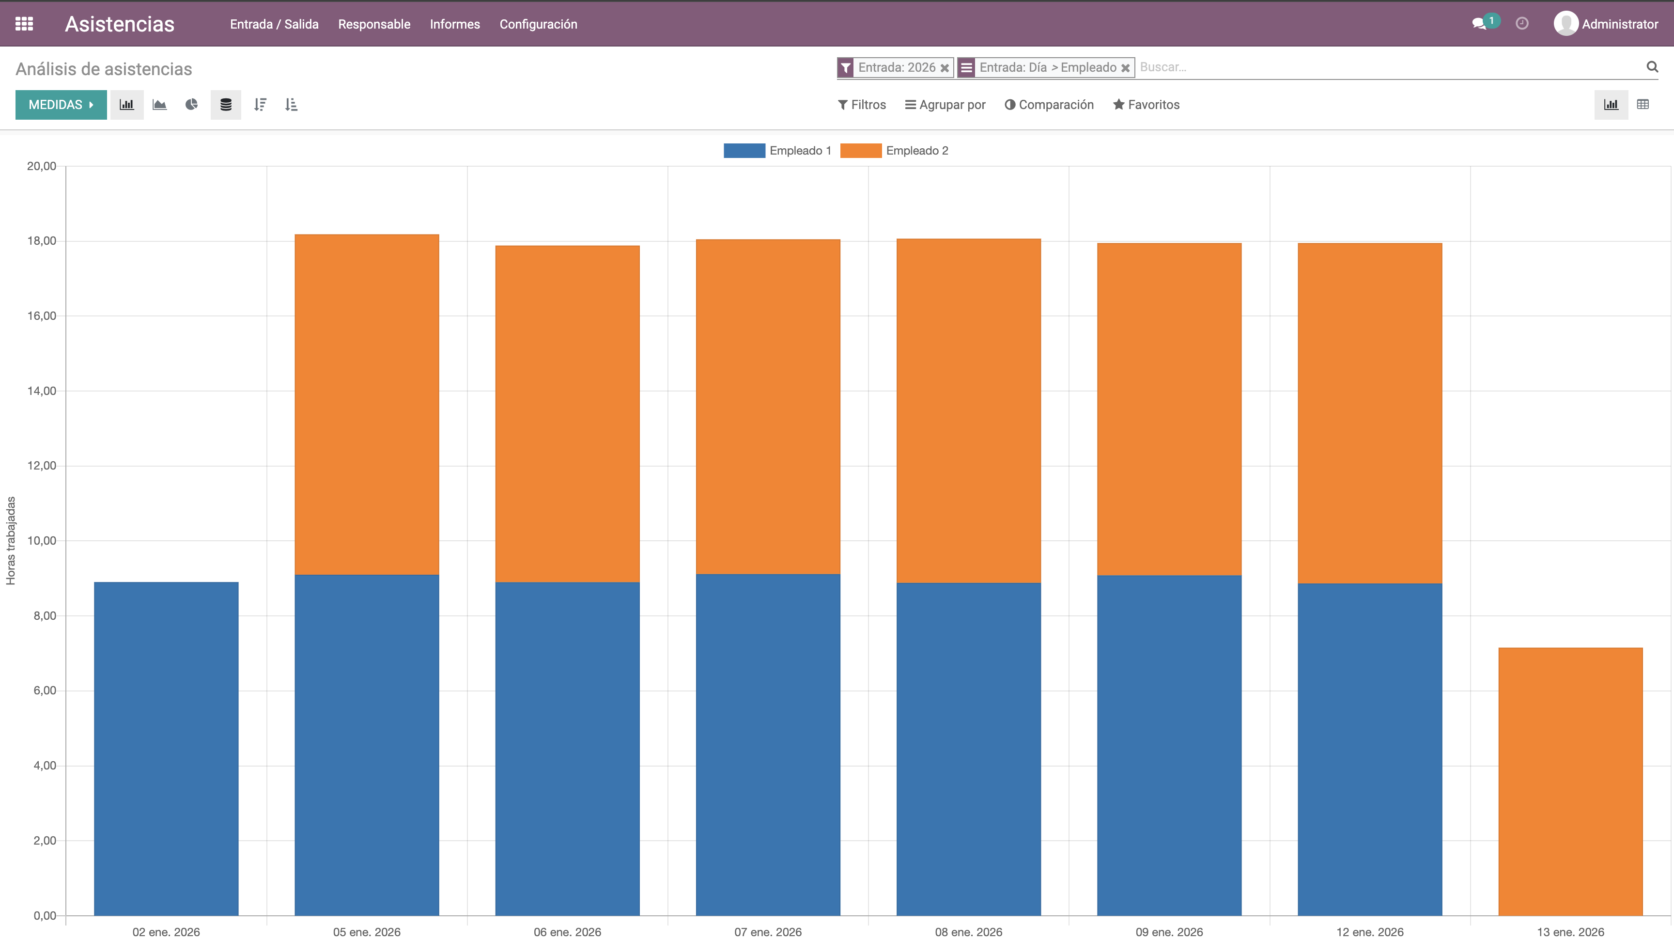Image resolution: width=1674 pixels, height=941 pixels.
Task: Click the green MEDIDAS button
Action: tap(61, 105)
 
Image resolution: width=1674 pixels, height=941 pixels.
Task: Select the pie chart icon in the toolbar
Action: tap(191, 105)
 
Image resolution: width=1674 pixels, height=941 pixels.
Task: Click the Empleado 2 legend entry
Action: tap(894, 151)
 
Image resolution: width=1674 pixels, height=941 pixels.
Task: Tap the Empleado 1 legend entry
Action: tap(777, 151)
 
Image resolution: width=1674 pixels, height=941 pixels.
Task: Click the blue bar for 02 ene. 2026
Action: tap(166, 749)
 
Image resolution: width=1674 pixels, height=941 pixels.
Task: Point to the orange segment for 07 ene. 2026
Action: tap(768, 407)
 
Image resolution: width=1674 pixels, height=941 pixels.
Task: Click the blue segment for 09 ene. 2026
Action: tap(1169, 745)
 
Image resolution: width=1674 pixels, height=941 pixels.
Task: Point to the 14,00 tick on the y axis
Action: tap(42, 391)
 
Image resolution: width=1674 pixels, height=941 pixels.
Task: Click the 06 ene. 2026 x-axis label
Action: tap(567, 932)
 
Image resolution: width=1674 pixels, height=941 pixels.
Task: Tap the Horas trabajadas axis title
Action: tap(10, 541)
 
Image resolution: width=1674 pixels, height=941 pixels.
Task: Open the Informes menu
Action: tap(455, 24)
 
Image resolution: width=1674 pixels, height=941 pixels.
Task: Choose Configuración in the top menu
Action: tap(538, 24)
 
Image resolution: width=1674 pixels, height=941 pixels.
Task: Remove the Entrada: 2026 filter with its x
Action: tap(944, 67)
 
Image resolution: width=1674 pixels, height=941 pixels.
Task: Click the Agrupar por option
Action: tap(945, 105)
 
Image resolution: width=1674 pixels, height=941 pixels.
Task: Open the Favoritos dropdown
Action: tap(1147, 105)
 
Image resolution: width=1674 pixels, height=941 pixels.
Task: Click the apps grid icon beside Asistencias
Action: tap(24, 24)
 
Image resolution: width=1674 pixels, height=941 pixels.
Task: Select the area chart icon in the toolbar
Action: tap(159, 105)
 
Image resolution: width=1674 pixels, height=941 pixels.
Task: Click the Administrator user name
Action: tap(1619, 24)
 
